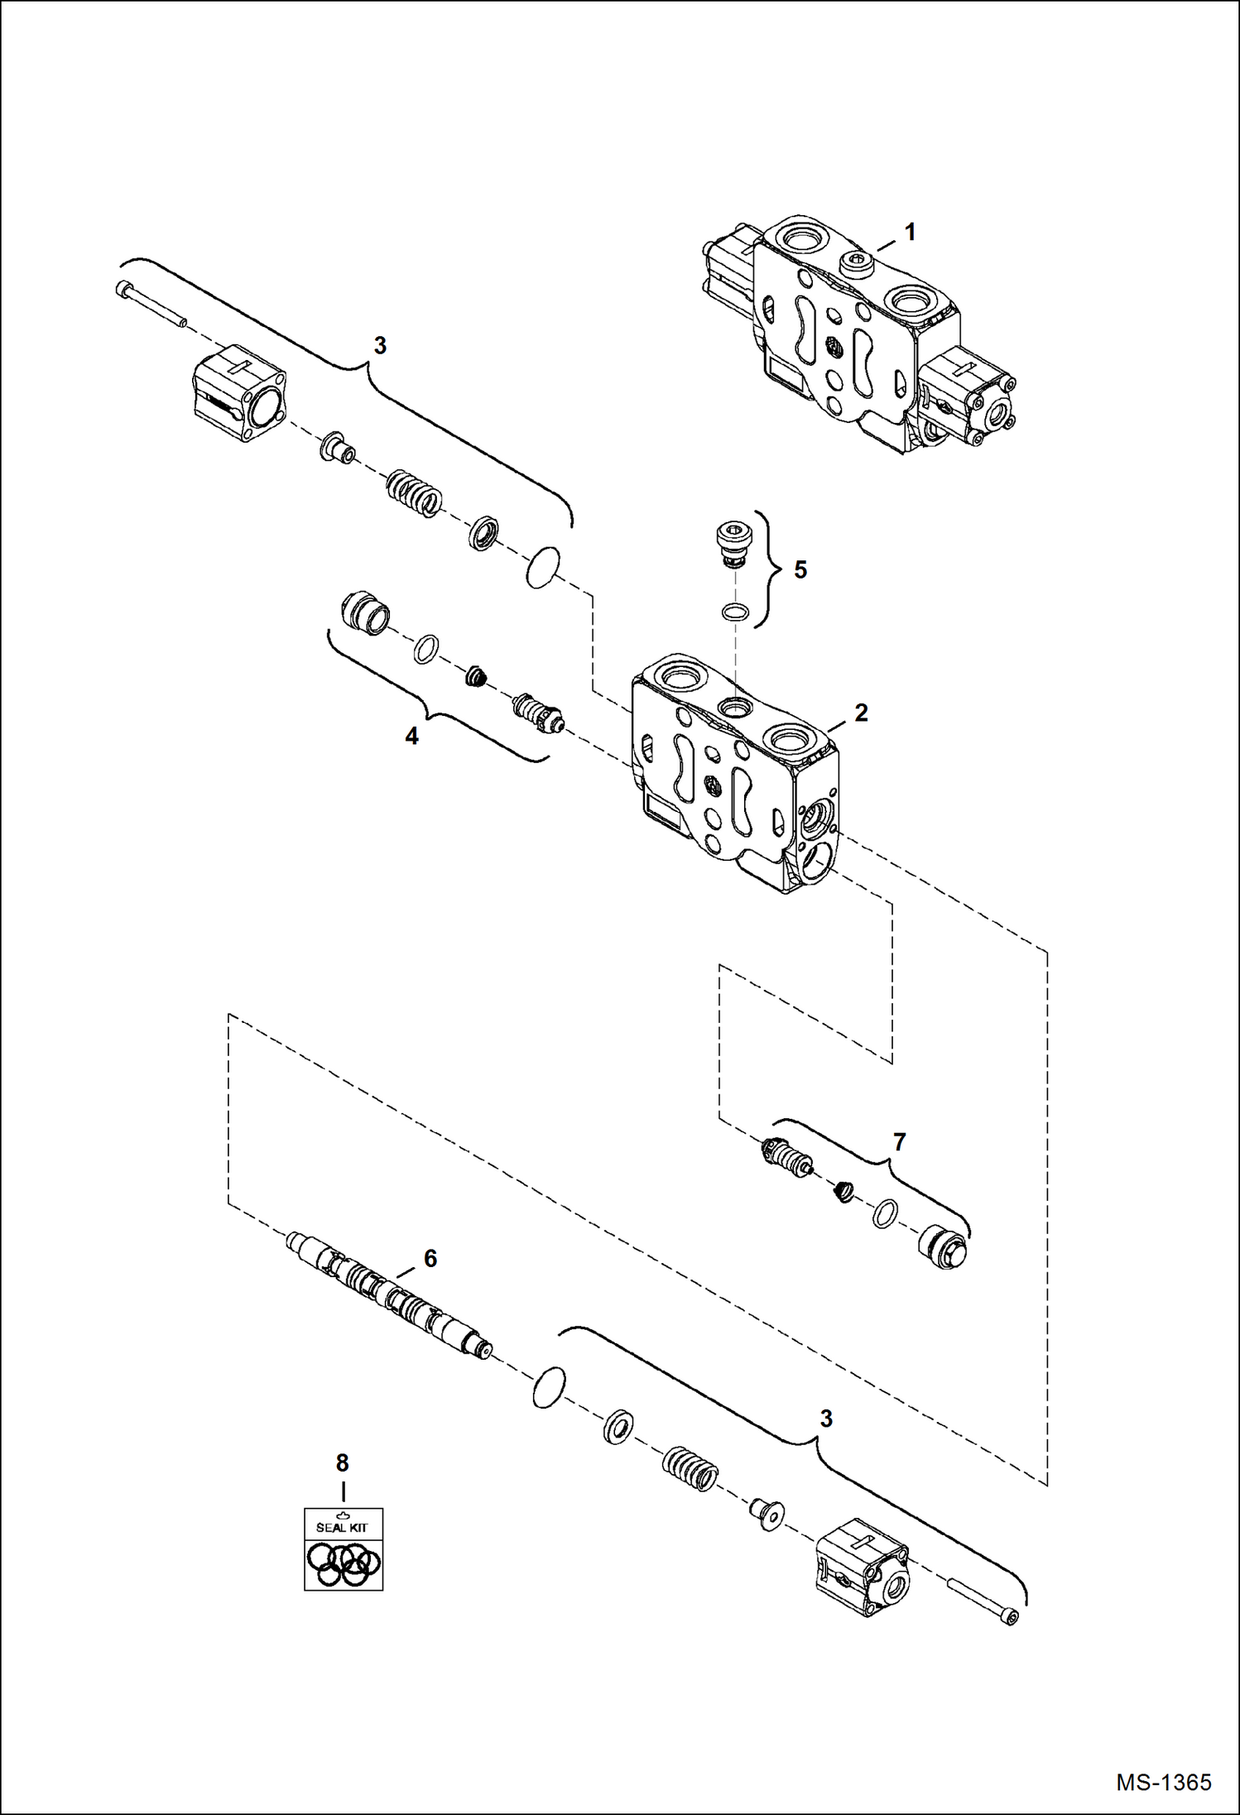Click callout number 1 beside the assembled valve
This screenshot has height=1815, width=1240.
(x=910, y=233)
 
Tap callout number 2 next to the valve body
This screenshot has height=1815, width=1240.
(x=861, y=713)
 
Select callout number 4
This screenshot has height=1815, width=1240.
(x=411, y=736)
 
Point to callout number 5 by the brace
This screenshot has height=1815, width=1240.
(x=800, y=570)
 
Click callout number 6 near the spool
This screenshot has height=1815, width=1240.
(x=430, y=1259)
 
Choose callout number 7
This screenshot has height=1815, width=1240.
(x=900, y=1142)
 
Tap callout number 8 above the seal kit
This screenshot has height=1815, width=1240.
(x=343, y=1463)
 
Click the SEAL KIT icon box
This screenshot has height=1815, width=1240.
(x=344, y=1549)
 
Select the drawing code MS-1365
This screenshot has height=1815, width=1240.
(x=1163, y=1782)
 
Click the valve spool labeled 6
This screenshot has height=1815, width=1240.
(x=389, y=1297)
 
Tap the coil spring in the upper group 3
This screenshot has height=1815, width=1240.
(x=415, y=493)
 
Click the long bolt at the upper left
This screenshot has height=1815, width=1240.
(x=151, y=304)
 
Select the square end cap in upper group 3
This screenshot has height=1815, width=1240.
(x=240, y=393)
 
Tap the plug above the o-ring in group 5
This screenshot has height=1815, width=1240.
(x=732, y=543)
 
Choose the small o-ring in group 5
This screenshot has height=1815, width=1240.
(x=733, y=612)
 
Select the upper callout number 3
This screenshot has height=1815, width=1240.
(x=380, y=346)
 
